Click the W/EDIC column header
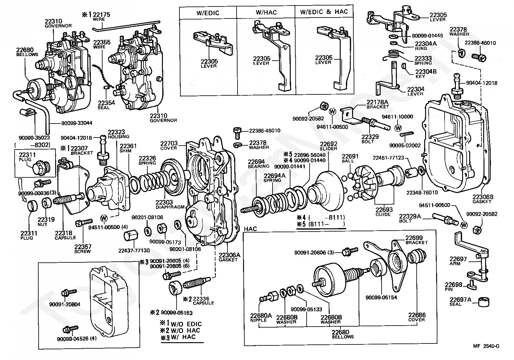208,13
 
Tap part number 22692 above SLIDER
328,144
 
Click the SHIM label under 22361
125,151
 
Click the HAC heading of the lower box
250,229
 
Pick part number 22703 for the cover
169,143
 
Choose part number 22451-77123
388,158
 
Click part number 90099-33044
77,123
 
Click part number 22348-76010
422,192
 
